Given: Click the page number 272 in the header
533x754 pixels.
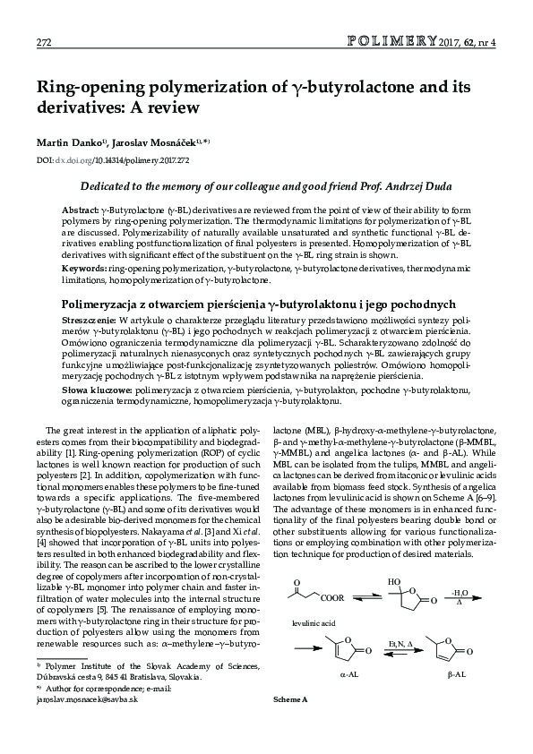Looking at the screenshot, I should (43, 43).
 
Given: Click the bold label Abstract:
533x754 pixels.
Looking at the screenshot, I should (80, 208).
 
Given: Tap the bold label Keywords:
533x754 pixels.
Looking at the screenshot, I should (83, 269).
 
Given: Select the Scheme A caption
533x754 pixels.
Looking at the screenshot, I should (290, 723).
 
